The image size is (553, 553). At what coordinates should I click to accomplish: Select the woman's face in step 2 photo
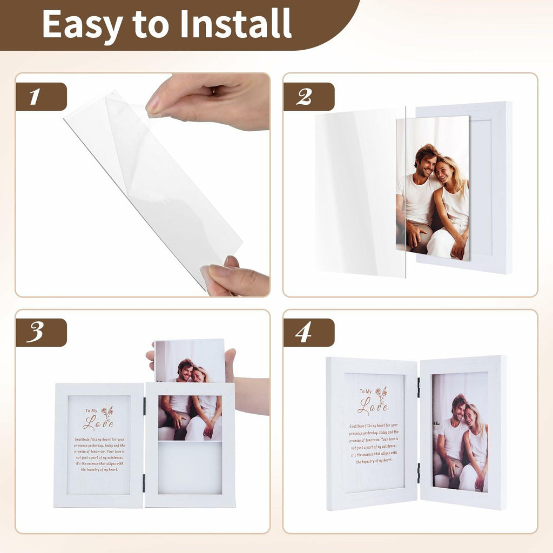(x=445, y=171)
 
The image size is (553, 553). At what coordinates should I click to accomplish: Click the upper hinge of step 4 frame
(x=419, y=387)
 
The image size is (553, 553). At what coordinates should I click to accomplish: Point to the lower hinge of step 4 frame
(x=419, y=473)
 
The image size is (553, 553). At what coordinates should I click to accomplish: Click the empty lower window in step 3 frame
(x=190, y=467)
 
